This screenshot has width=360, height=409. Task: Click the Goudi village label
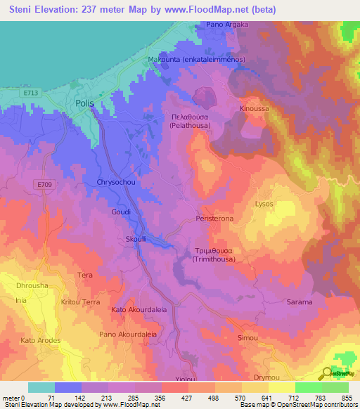(121, 211)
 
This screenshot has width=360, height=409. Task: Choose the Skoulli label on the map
(136, 238)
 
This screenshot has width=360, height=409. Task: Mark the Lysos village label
(264, 204)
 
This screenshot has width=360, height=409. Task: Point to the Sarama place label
(300, 302)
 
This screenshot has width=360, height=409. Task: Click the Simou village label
(247, 338)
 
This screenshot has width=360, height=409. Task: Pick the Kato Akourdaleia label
(139, 309)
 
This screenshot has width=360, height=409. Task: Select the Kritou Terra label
(81, 301)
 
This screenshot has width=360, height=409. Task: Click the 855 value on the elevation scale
(347, 398)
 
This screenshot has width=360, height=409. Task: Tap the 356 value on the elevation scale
(160, 398)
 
